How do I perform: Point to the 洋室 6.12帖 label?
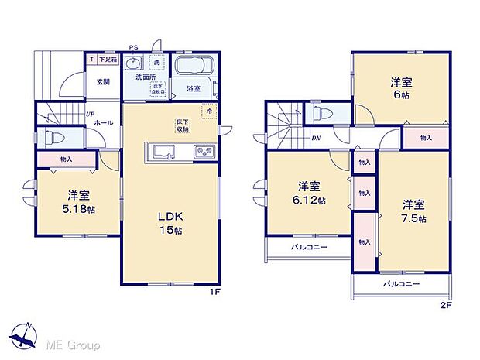310,193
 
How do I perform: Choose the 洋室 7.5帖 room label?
413,211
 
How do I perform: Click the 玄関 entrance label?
103,81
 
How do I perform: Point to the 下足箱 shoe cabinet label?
106,60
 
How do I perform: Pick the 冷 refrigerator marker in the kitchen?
208,111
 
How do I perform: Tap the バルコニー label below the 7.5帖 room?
401,284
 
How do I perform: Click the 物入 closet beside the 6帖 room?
426,138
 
